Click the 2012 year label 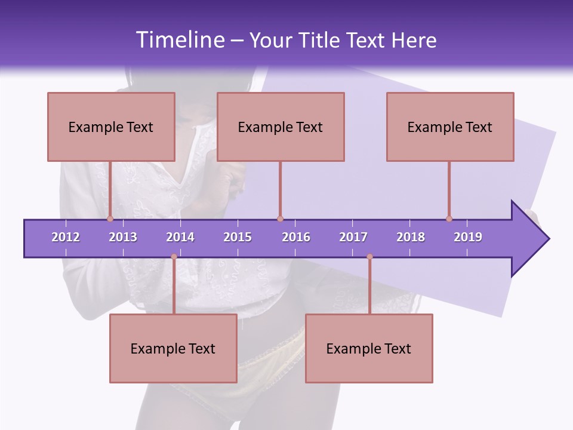[x=66, y=237]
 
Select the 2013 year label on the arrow [x=123, y=237]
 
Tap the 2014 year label [x=180, y=237]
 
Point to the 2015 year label [x=238, y=237]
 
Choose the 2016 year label [x=296, y=237]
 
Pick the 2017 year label [x=353, y=237]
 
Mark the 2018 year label [x=411, y=237]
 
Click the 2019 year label [x=468, y=237]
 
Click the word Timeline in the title [x=179, y=40]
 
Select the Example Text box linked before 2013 [x=111, y=127]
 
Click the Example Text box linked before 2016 [x=281, y=127]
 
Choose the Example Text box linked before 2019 [x=450, y=127]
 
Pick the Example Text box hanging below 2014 [x=173, y=348]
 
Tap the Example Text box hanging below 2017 [x=369, y=348]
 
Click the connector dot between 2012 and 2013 [x=110, y=219]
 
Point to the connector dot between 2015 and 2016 [x=280, y=219]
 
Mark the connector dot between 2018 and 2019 [x=449, y=219]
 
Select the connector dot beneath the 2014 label [x=174, y=257]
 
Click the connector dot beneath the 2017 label [x=369, y=257]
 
